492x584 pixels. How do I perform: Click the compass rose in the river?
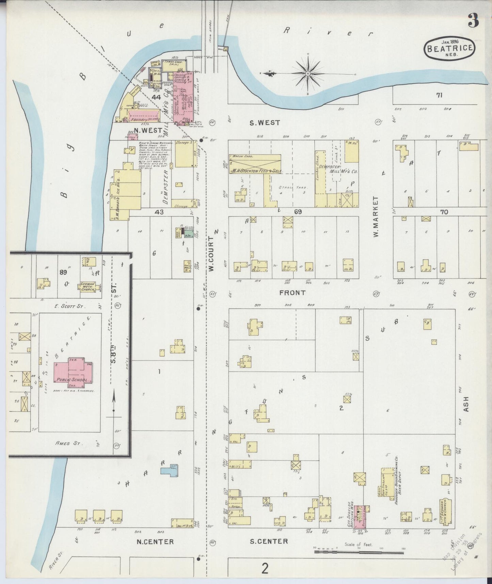[307, 73]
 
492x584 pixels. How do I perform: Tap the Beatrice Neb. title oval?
[450, 48]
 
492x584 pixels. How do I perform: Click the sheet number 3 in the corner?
[474, 21]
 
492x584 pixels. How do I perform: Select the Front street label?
[292, 293]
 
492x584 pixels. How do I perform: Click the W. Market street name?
[376, 216]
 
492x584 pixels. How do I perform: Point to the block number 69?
[298, 212]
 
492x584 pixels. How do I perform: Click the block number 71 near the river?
[439, 96]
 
